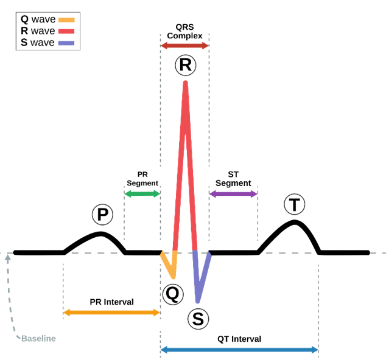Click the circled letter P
pos(102,214)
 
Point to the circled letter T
pos(295,205)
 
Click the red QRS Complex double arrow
pos(184,46)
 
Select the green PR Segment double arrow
pos(142,194)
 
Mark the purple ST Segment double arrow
pos(233,194)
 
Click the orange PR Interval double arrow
pos(111,313)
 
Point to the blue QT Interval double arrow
pos(239,350)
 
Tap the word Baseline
pos(38,338)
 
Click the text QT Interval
pos(239,339)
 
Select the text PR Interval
pos(111,302)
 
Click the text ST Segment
pos(233,179)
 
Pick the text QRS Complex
pos(184,31)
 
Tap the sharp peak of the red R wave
pos(185,82)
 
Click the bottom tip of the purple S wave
pos(197,301)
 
